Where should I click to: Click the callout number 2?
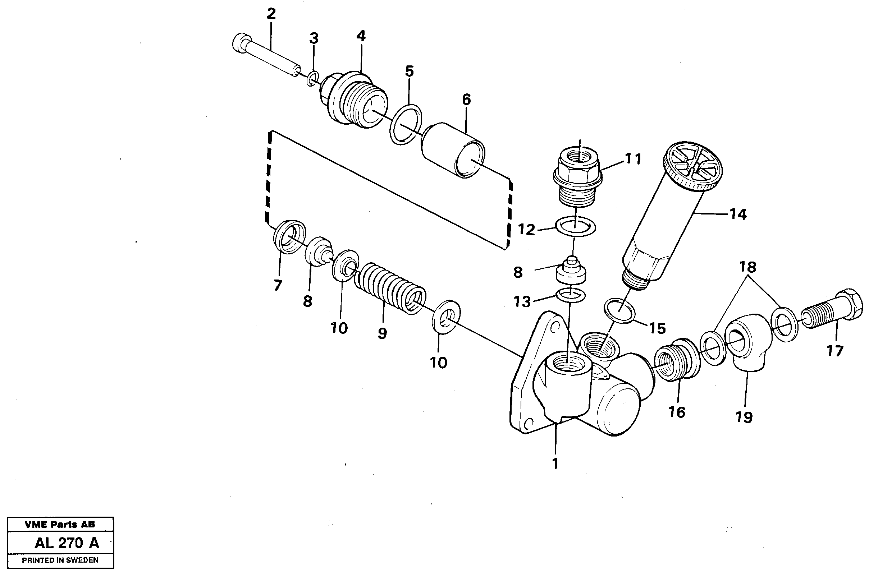click(x=271, y=14)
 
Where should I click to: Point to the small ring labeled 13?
click(x=570, y=294)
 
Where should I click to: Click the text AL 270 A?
click(x=67, y=543)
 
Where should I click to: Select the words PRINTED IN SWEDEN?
click(x=60, y=560)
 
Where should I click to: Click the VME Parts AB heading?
click(x=60, y=525)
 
